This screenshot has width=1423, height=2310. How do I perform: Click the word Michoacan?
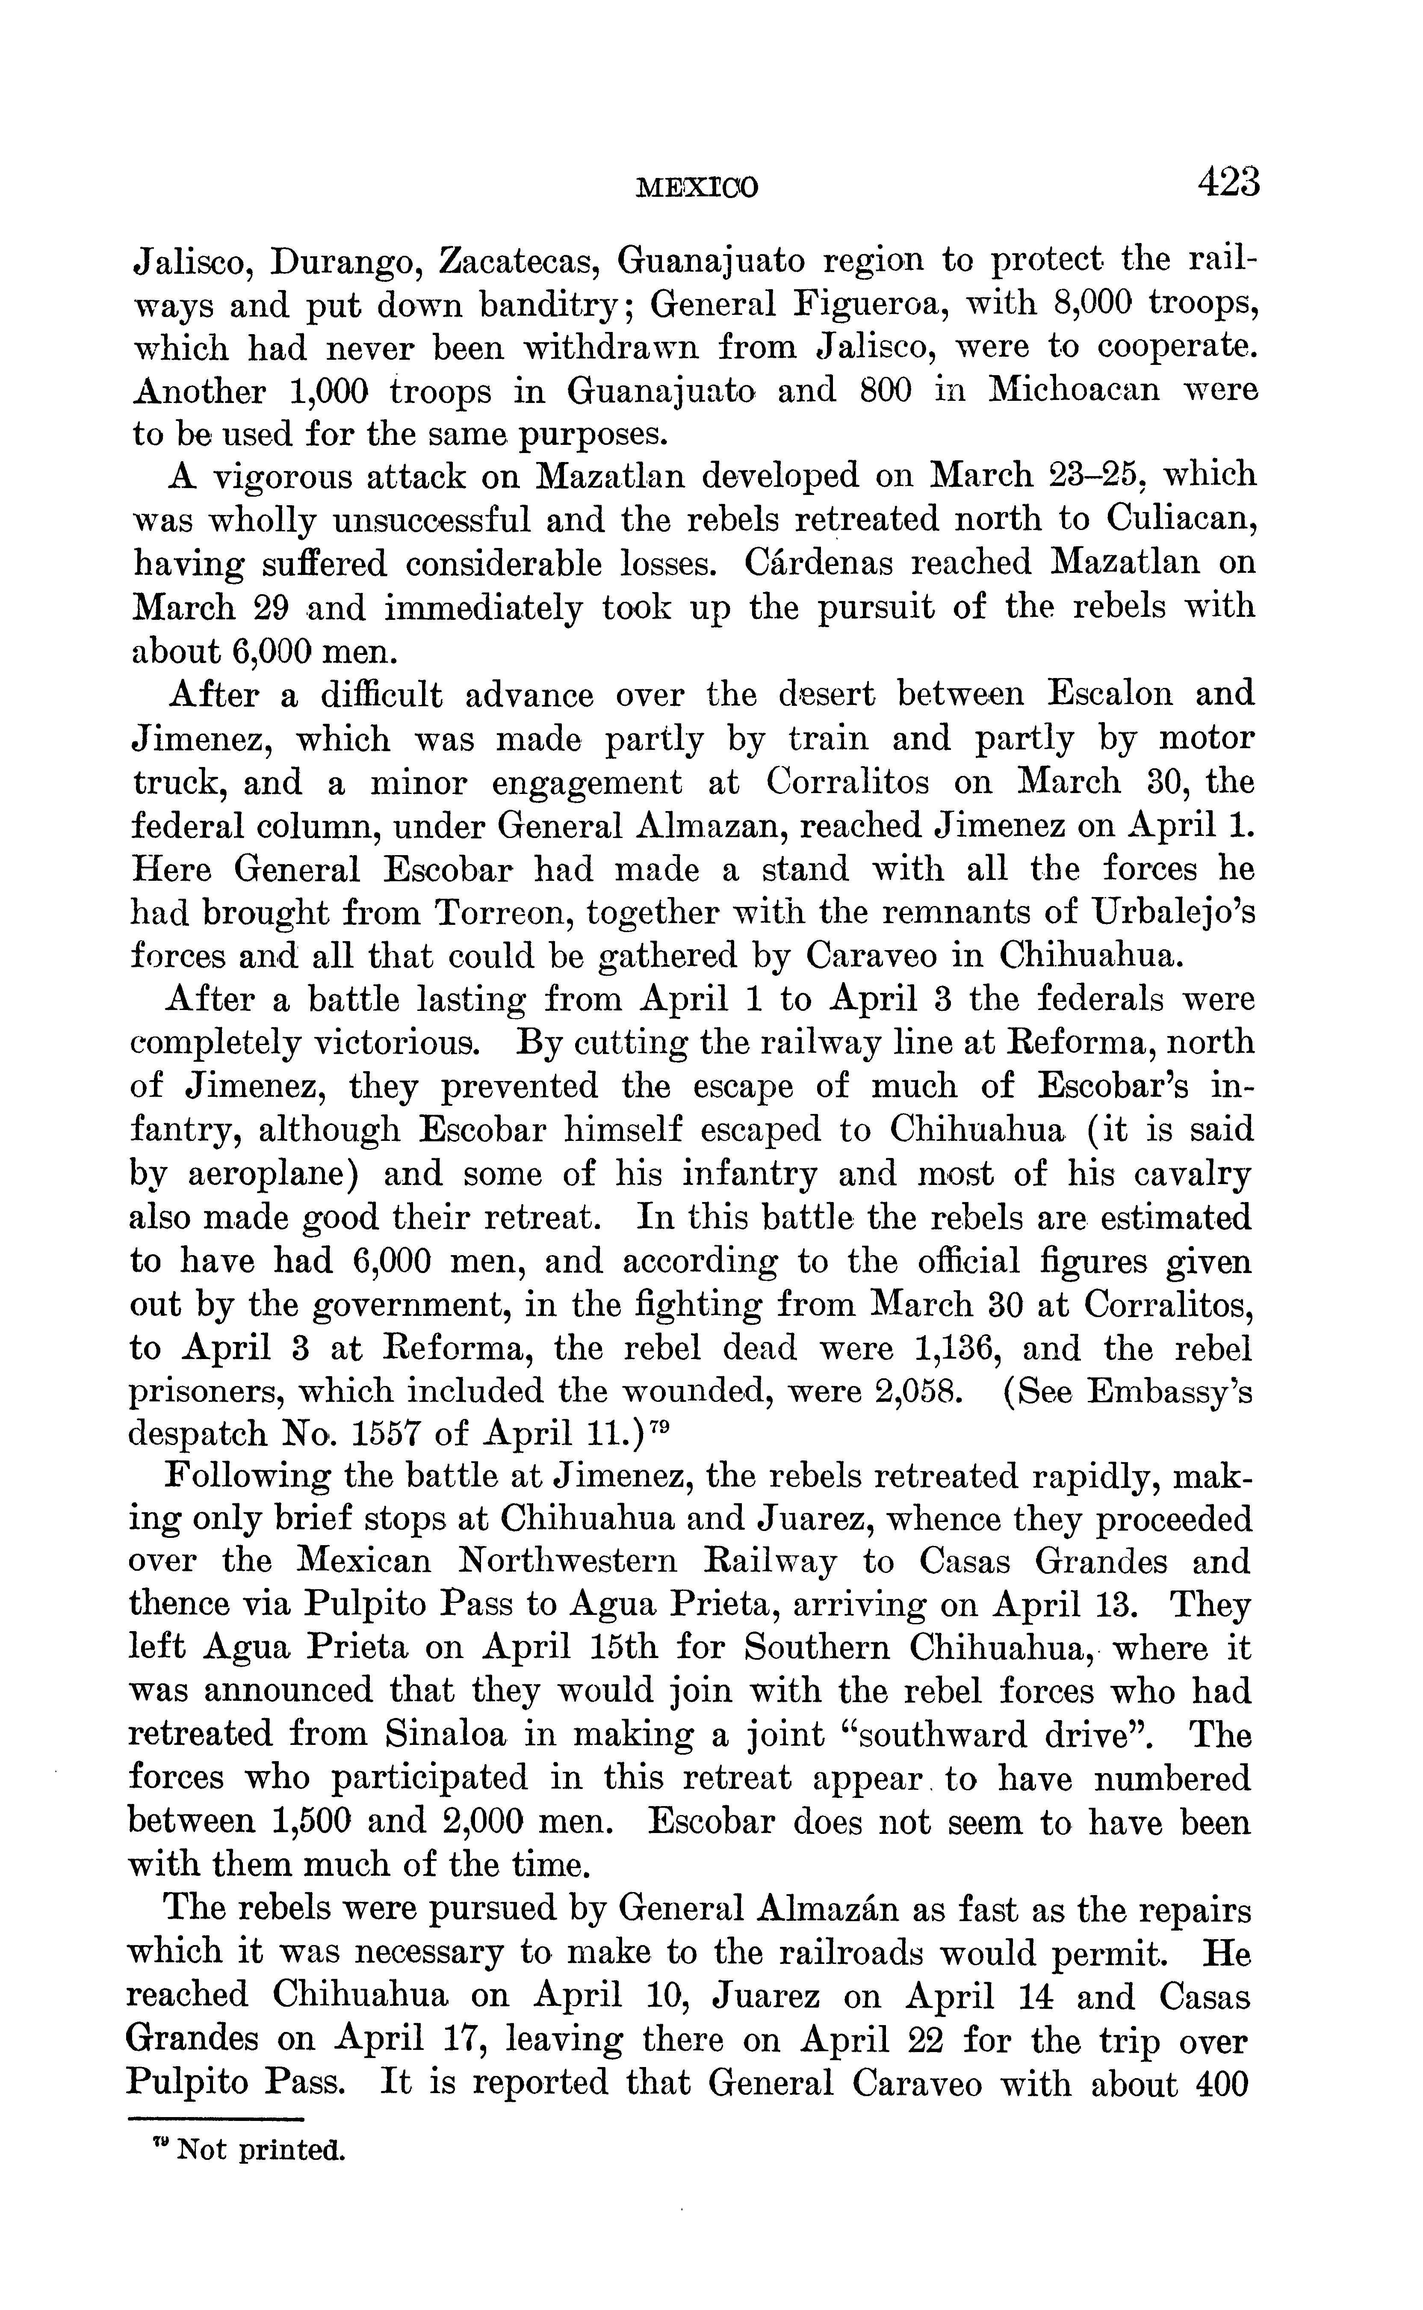1074,390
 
